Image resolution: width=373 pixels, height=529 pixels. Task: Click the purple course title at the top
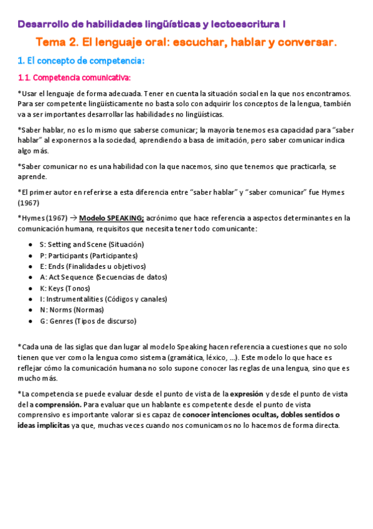tap(152, 24)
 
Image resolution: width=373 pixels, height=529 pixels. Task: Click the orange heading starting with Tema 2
tap(186, 42)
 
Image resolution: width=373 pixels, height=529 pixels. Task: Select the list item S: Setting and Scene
tap(92, 245)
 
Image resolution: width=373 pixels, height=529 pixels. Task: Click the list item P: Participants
tap(88, 255)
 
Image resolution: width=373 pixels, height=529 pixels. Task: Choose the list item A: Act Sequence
tap(103, 277)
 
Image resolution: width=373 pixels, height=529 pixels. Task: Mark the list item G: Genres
tap(88, 321)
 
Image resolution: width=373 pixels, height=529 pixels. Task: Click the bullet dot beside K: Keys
tap(31, 288)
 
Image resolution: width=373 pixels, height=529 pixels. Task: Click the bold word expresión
tap(247, 394)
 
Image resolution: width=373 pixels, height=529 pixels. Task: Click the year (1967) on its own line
tap(29, 203)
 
